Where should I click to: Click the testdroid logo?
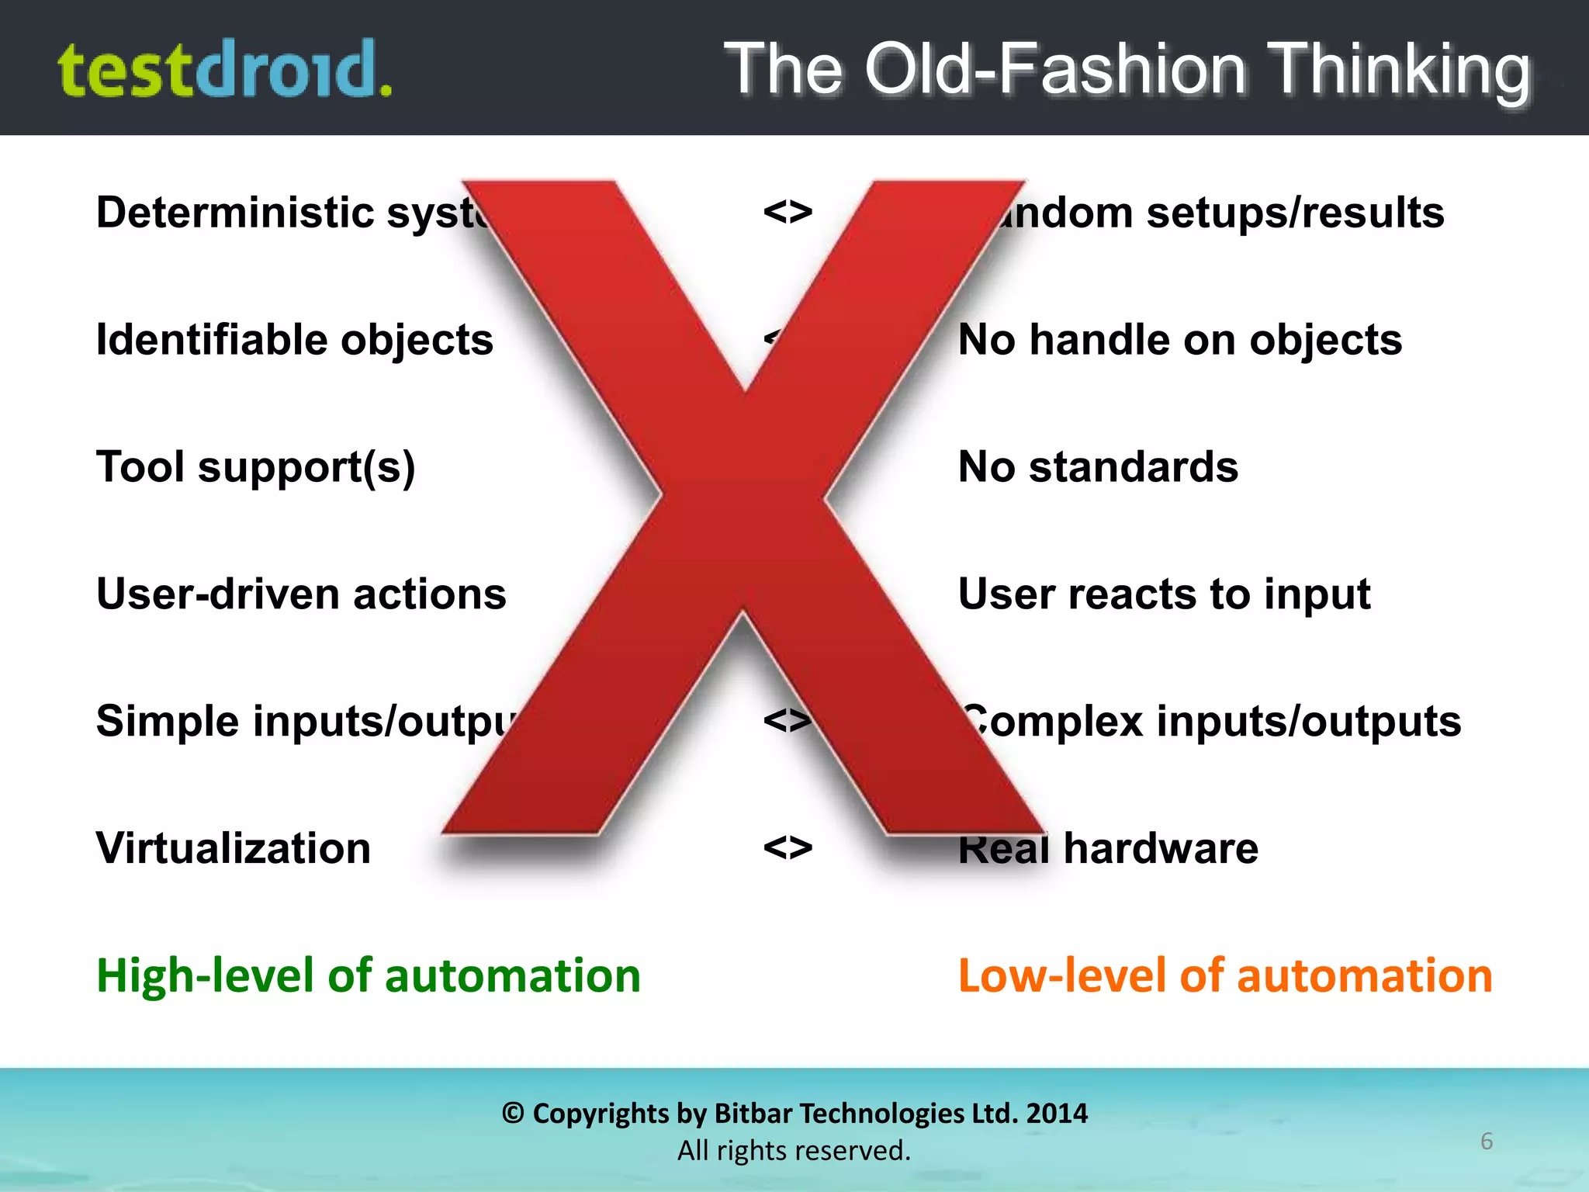[225, 70]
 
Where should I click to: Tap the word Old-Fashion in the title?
[1055, 70]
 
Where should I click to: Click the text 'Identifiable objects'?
[295, 340]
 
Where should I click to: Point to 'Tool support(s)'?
[256, 467]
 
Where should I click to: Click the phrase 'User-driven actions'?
[301, 594]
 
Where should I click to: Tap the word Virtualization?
[234, 848]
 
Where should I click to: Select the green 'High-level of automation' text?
[369, 975]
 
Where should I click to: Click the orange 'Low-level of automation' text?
[1225, 975]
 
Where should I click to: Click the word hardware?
[1161, 848]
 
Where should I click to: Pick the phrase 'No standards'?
[1098, 467]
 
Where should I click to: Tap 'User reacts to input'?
[1164, 594]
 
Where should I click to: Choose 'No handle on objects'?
[1180, 340]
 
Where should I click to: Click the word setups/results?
[1295, 213]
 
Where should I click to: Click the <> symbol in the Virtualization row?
[788, 847]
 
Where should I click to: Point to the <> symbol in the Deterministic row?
[788, 212]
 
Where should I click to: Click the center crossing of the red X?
[743, 501]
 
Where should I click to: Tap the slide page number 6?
[1486, 1142]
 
